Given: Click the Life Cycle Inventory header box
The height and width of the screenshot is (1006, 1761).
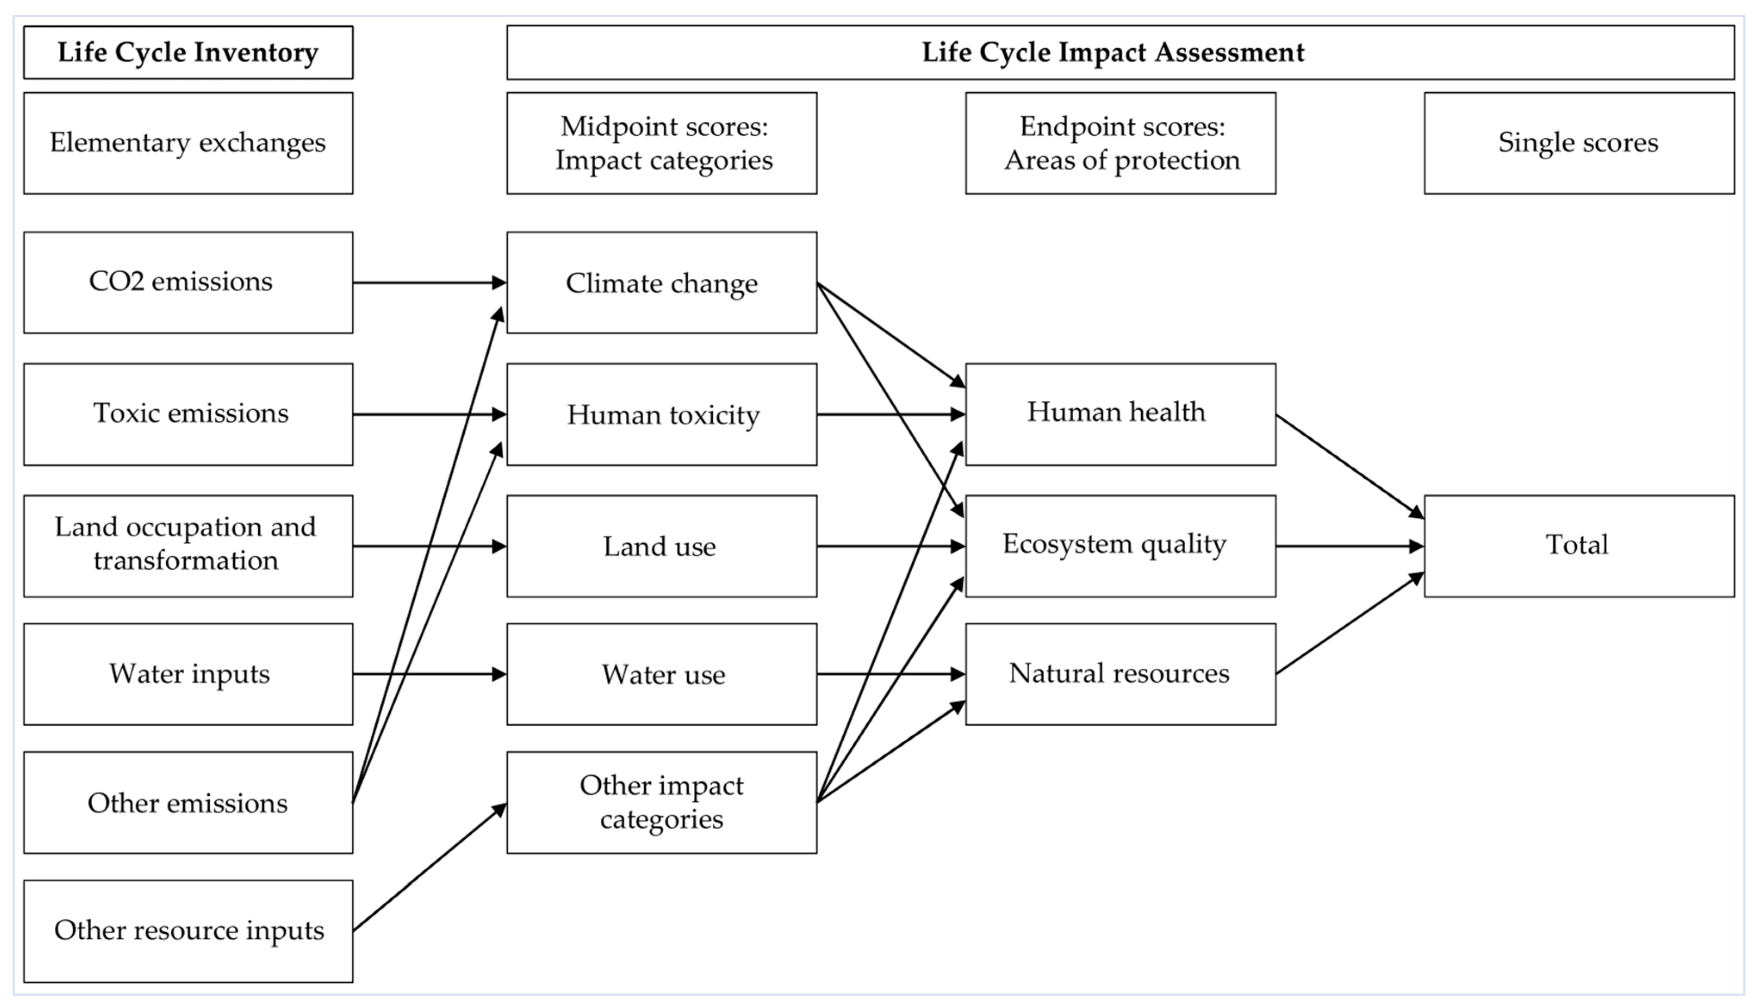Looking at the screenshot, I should coord(188,53).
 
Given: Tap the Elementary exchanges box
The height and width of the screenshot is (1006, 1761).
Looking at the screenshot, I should coord(188,143).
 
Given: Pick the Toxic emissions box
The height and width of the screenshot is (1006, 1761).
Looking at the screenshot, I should coord(188,414).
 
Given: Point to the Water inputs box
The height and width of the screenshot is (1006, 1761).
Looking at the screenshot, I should coord(188,674).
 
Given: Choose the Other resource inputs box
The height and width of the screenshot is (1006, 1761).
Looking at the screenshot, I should coord(188,930).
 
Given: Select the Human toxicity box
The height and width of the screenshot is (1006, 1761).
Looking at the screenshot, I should coord(661,414).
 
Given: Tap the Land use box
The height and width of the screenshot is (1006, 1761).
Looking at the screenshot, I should coord(661,546).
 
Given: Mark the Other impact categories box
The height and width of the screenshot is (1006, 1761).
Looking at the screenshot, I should coord(661,802).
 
